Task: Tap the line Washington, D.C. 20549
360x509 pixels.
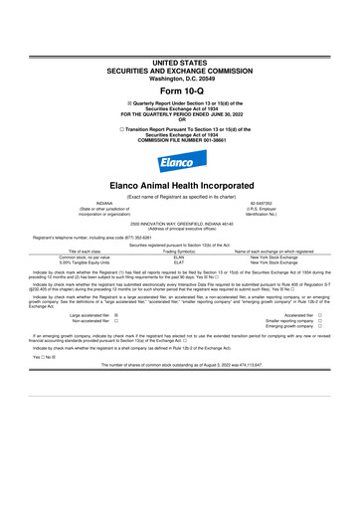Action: click(x=179, y=48)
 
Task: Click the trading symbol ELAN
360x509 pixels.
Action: click(x=180, y=257)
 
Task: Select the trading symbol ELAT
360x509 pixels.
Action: click(x=180, y=263)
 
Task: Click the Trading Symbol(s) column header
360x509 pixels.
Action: click(x=180, y=252)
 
